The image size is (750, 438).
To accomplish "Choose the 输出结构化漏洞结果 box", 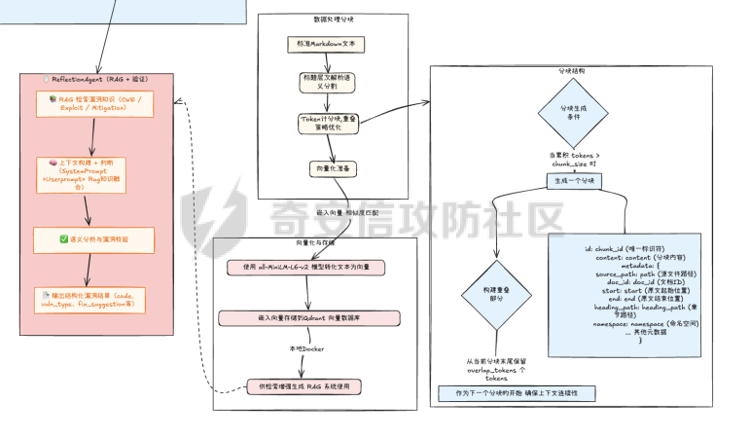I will point(94,299).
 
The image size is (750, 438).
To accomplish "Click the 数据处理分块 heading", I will point(334,19).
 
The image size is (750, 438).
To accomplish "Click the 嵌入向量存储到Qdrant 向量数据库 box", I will point(308,317).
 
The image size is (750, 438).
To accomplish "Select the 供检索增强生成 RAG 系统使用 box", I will point(303,386).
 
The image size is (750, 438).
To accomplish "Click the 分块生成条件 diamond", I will point(573,112).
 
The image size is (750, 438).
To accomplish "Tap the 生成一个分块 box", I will point(574,181).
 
